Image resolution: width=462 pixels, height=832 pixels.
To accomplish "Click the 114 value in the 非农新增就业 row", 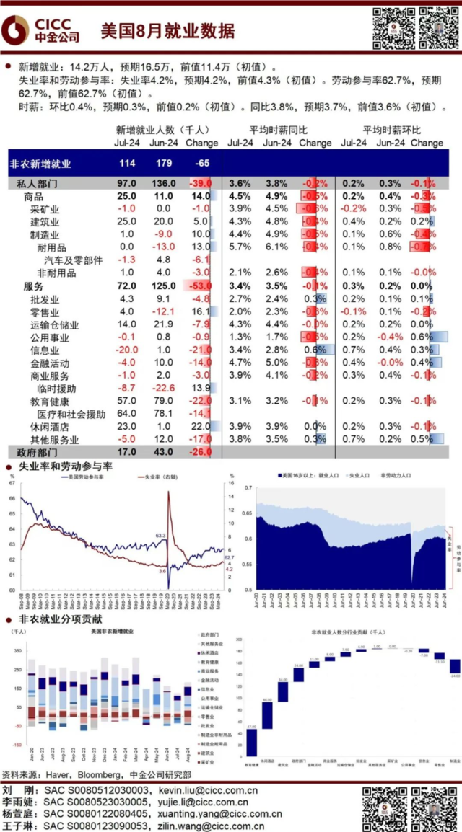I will coord(127,164).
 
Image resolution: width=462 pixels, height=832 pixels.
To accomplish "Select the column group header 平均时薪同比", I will coord(278,130).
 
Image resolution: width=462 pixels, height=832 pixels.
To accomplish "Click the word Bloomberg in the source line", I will coord(99,775).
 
